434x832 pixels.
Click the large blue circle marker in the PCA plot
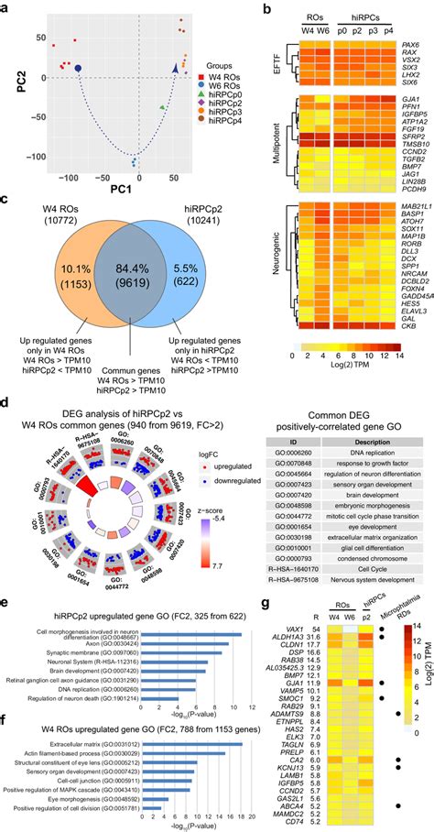click(78, 68)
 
